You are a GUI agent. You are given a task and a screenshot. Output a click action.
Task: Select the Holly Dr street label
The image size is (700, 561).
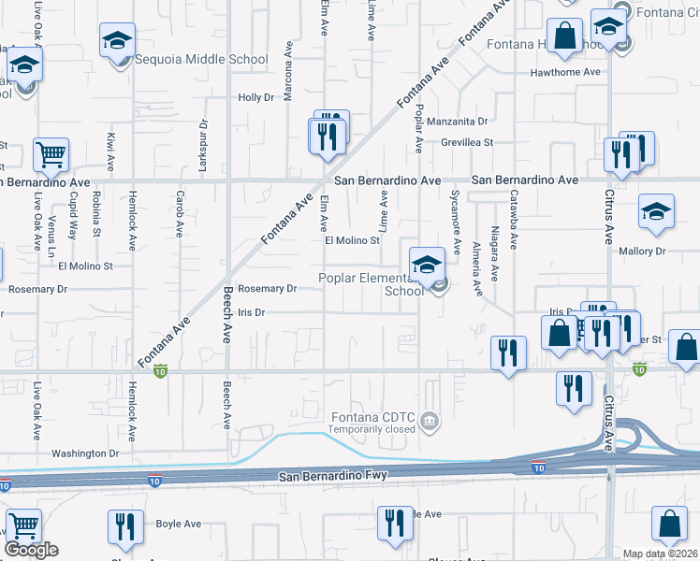255,97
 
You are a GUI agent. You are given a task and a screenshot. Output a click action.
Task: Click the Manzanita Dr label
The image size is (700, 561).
458,122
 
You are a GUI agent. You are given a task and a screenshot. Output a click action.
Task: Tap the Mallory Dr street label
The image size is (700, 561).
642,252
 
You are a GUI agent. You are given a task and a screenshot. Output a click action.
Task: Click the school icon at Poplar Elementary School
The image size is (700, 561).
427,263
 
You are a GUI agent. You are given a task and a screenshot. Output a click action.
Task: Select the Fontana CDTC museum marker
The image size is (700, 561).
430,419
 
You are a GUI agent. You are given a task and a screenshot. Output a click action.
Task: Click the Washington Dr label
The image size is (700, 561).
86,453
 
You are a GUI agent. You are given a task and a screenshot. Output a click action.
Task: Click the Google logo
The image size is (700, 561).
31,550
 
